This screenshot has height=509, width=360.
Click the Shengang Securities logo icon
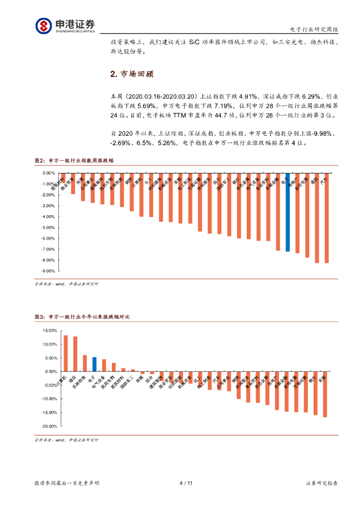click(43, 25)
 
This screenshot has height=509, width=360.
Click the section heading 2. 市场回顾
click(132, 74)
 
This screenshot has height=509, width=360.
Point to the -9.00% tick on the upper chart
click(48, 271)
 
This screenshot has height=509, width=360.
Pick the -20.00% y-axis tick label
click(49, 426)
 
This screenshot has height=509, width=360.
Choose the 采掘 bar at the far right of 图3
click(325, 394)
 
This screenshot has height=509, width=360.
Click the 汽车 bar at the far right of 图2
click(327, 218)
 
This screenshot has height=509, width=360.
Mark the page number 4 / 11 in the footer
click(185, 483)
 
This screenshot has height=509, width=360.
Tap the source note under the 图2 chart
click(66, 284)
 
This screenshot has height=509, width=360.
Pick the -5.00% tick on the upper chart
click(48, 228)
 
